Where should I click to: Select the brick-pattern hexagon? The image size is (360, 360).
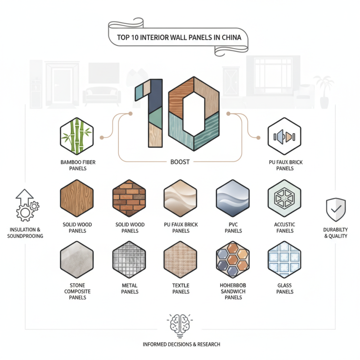click(x=129, y=198)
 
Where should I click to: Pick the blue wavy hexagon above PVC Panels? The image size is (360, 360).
click(x=233, y=198)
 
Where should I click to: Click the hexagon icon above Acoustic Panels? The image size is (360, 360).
click(x=284, y=198)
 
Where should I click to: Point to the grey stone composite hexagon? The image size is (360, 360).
click(x=76, y=259)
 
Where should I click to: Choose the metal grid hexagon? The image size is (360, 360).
click(x=129, y=259)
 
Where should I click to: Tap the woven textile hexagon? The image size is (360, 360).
click(x=180, y=259)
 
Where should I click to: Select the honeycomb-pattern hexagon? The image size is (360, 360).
click(x=233, y=259)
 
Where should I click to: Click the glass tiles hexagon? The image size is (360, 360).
click(x=284, y=259)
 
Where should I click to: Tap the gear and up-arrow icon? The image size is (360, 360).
click(x=26, y=204)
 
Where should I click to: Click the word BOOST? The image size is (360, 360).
click(x=181, y=161)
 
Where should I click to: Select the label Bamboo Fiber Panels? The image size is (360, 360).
click(x=76, y=165)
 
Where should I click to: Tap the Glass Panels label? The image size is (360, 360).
click(x=284, y=288)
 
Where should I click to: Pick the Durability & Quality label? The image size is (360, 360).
click(x=336, y=233)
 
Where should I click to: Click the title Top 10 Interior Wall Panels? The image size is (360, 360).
click(x=179, y=37)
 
